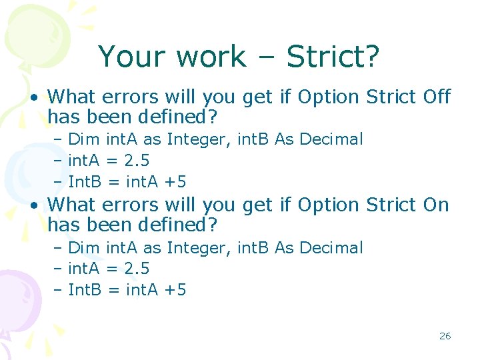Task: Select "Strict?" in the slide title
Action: pyautogui.click(x=333, y=57)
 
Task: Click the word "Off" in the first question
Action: pyautogui.click(x=437, y=97)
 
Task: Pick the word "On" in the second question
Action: pyautogui.click(x=436, y=205)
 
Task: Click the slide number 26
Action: pyautogui.click(x=445, y=336)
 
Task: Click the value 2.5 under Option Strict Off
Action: pyautogui.click(x=137, y=161)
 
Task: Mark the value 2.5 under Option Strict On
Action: pyautogui.click(x=137, y=269)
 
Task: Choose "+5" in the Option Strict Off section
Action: pyautogui.click(x=176, y=181)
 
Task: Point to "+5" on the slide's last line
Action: pyautogui.click(x=176, y=290)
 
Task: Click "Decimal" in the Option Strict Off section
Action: pyautogui.click(x=331, y=139)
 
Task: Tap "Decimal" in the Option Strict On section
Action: pyautogui.click(x=331, y=248)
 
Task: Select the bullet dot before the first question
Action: pyautogui.click(x=33, y=98)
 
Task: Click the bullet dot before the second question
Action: pyautogui.click(x=33, y=206)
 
